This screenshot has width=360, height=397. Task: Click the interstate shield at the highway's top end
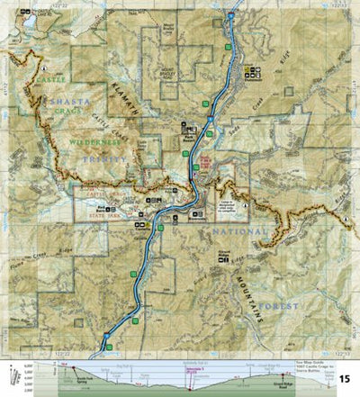pos(231,16)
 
